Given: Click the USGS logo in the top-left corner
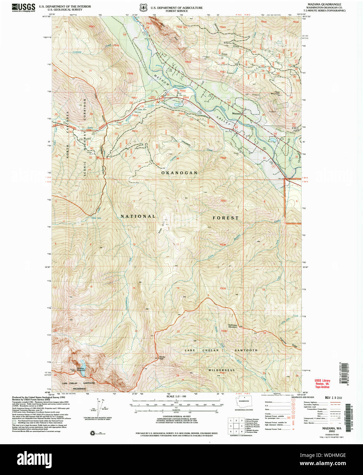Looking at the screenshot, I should (x=23, y=8).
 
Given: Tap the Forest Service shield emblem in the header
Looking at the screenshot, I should (x=143, y=8).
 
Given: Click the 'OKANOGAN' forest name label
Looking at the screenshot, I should (x=179, y=173).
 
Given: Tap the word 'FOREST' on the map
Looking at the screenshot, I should (x=226, y=218).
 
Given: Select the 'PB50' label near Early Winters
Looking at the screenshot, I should (x=183, y=91).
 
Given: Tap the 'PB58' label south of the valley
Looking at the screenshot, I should (x=223, y=158).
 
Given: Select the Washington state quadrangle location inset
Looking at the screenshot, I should (x=244, y=403).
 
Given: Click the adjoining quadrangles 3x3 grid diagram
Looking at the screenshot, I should (x=236, y=426).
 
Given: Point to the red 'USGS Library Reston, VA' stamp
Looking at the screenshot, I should (x=322, y=384).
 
